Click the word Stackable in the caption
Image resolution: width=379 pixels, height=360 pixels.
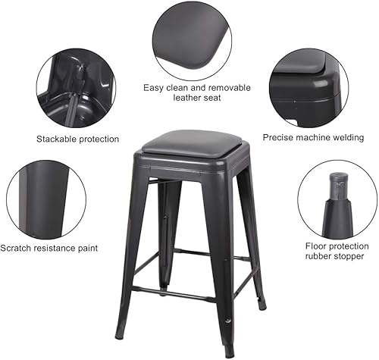click(x=57, y=139)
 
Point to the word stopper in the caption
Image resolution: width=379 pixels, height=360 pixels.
click(x=348, y=256)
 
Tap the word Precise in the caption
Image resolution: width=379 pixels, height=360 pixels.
click(x=279, y=138)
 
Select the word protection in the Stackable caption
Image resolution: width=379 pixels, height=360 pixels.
click(x=99, y=139)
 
